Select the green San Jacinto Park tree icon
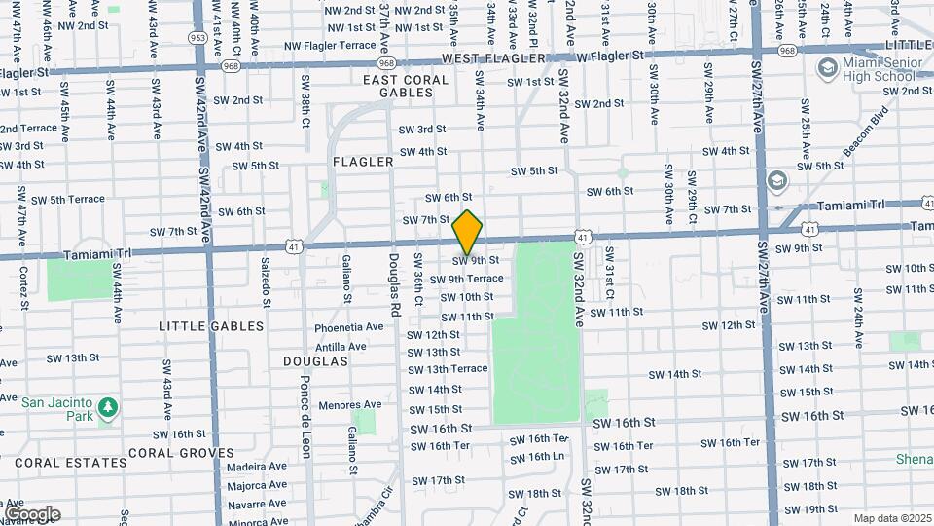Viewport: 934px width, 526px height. (x=108, y=405)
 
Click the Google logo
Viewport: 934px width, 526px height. (x=32, y=514)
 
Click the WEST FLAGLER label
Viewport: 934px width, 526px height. (x=490, y=59)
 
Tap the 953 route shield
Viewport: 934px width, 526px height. (x=198, y=38)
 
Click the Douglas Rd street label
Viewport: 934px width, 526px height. (x=394, y=286)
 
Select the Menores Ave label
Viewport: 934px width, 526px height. (x=351, y=404)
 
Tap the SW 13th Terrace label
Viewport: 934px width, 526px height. (x=448, y=369)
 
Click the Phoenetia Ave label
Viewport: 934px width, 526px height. (x=349, y=327)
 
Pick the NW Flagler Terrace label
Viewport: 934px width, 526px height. (x=330, y=46)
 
